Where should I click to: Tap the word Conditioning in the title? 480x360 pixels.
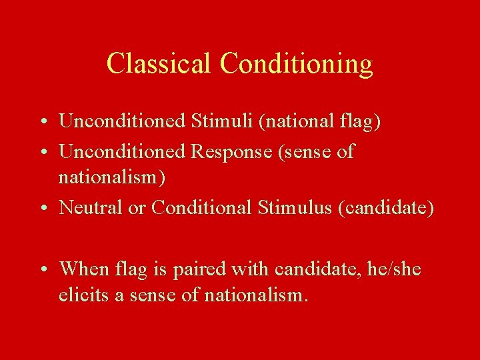(296, 64)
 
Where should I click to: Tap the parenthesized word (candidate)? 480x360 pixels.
(386, 207)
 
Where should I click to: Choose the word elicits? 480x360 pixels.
(83, 295)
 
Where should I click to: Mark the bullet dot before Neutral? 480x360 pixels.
(42, 209)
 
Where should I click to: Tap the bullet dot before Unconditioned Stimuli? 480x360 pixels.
(42, 122)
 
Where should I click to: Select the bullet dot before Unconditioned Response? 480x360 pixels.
(42, 153)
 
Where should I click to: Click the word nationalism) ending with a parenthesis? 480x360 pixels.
(112, 177)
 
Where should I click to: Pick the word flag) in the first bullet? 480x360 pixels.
(361, 121)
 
